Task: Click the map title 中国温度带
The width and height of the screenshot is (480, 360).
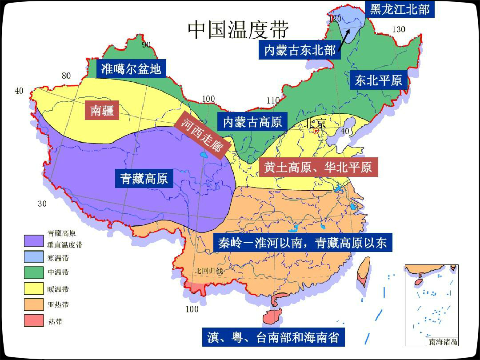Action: (238, 30)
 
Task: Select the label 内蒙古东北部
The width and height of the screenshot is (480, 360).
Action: (300, 50)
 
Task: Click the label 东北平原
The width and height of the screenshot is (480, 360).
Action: (378, 80)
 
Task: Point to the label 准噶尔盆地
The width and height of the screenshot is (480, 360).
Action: (131, 69)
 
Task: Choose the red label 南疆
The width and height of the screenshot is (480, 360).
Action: (102, 110)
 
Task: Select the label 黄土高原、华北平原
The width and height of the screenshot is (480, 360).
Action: (318, 168)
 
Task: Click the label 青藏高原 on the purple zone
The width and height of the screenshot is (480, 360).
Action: (144, 178)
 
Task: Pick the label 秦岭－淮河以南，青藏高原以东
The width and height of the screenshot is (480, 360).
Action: (302, 243)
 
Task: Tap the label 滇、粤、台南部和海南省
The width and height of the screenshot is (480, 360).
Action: (273, 338)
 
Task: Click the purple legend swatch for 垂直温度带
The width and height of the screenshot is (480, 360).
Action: (34, 240)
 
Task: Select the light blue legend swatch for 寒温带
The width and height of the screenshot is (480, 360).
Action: (34, 258)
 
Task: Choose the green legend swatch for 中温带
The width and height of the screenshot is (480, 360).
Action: (34, 272)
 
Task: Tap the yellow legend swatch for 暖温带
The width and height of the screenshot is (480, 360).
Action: (34, 289)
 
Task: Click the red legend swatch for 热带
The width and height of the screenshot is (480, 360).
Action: (34, 320)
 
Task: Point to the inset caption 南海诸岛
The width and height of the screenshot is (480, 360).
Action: (443, 342)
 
